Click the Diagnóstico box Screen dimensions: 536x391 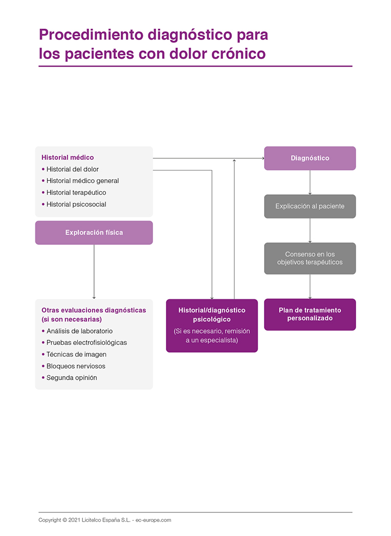click(x=310, y=158)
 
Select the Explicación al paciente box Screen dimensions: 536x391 click(x=310, y=207)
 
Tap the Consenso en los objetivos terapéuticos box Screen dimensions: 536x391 click(x=310, y=258)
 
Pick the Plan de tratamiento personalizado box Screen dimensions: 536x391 click(x=310, y=314)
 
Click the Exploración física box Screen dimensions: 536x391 click(x=94, y=233)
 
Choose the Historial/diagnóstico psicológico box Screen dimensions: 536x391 click(x=211, y=325)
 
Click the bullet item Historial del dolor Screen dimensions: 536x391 click(x=72, y=169)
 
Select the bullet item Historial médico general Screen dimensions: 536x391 click(x=82, y=181)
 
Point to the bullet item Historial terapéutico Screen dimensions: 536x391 click(x=76, y=193)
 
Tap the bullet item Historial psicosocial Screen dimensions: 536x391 click(x=76, y=204)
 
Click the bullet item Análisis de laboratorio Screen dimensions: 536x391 click(x=79, y=331)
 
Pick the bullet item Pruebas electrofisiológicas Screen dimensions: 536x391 click(x=86, y=343)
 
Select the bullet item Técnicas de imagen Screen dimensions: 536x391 click(x=76, y=355)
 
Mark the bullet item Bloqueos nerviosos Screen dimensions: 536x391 click(x=76, y=366)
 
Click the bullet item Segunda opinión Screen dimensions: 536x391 click(x=72, y=378)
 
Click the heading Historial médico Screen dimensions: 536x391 click(x=68, y=157)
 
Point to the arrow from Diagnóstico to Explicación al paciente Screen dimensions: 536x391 click(x=310, y=182)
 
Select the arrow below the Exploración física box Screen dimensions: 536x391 click(x=94, y=272)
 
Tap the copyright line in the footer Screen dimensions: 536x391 click(x=104, y=520)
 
